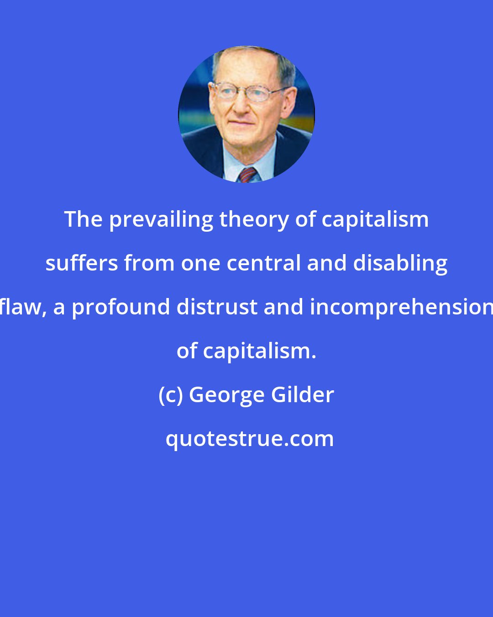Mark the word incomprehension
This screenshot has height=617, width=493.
pos(401,308)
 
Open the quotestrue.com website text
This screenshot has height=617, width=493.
pos(249,439)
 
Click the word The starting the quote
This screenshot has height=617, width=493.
pos(83,219)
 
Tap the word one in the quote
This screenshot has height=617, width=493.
pos(200,264)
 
